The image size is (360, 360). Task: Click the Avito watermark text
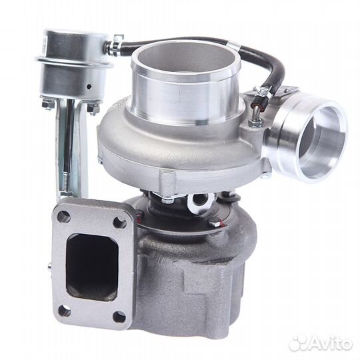click(x=330, y=344)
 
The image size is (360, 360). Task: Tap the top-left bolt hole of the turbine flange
click(x=64, y=216)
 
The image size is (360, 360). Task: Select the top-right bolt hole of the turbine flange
click(x=119, y=222)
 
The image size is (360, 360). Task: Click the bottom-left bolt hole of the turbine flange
click(x=65, y=311)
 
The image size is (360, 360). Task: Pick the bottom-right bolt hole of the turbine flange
click(x=119, y=317)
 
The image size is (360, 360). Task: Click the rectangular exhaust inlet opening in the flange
click(x=92, y=267)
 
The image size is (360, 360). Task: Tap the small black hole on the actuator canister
click(x=89, y=87)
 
